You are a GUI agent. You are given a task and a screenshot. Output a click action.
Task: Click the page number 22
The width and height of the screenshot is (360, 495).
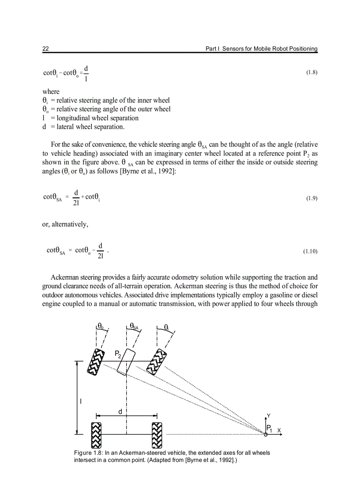click(45, 48)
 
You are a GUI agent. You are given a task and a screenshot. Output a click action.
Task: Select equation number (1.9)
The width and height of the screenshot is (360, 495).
click(311, 198)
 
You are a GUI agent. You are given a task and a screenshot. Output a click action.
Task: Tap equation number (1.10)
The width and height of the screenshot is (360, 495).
click(310, 252)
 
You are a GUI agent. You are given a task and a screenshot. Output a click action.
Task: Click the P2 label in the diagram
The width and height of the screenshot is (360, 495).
click(118, 354)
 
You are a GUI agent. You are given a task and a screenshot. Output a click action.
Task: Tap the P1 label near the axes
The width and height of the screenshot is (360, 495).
click(269, 429)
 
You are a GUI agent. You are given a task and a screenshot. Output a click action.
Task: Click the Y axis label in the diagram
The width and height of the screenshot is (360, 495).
click(269, 416)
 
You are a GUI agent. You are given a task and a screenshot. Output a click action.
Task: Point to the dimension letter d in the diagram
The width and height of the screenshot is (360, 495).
click(120, 411)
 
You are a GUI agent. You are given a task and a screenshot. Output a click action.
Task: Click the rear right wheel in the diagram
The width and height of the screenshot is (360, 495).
click(157, 435)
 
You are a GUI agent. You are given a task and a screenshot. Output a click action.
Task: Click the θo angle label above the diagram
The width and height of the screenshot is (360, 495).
click(101, 327)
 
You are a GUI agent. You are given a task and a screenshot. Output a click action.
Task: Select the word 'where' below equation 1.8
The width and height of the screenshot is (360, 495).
click(51, 92)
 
